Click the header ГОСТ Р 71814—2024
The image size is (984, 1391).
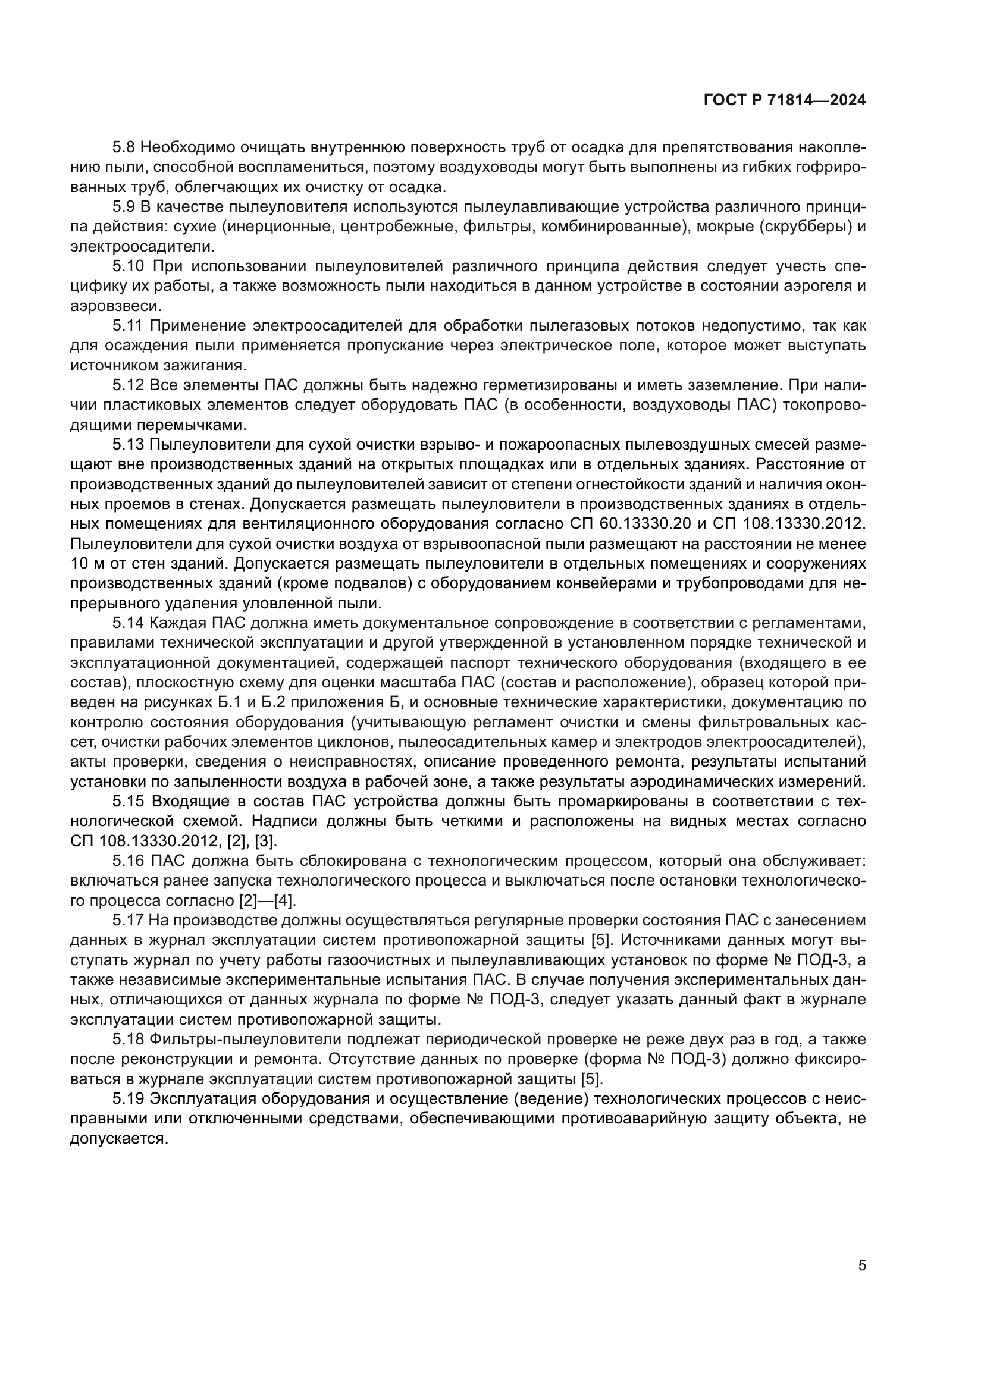(785, 101)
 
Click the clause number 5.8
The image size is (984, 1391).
(126, 147)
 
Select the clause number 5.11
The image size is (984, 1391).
(129, 326)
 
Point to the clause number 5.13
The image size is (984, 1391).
(129, 445)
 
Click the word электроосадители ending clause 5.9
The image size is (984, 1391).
(140, 247)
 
